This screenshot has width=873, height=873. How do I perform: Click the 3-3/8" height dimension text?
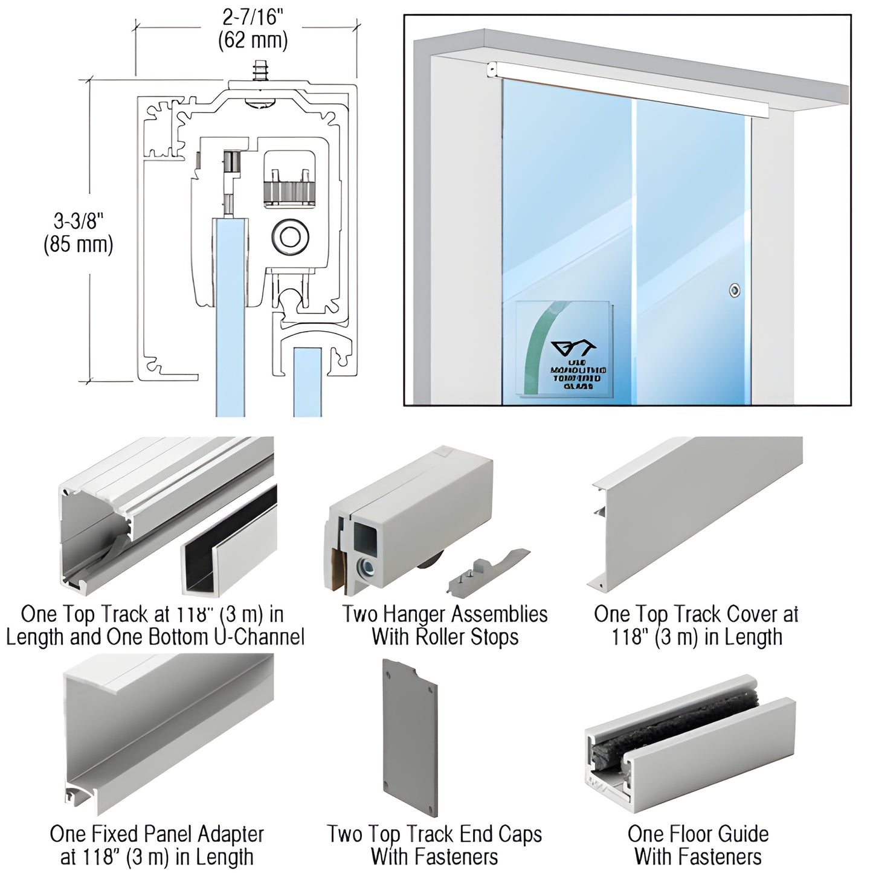[x=79, y=221]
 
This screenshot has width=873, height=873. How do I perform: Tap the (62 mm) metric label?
[x=253, y=40]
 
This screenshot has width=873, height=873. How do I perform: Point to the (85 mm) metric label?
[x=79, y=245]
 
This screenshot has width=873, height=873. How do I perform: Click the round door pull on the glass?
[x=734, y=291]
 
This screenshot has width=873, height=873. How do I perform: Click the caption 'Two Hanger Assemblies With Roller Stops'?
[x=445, y=625]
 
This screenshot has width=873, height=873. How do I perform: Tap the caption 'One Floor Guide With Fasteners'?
[x=698, y=845]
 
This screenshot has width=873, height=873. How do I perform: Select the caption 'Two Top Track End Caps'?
[x=434, y=834]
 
